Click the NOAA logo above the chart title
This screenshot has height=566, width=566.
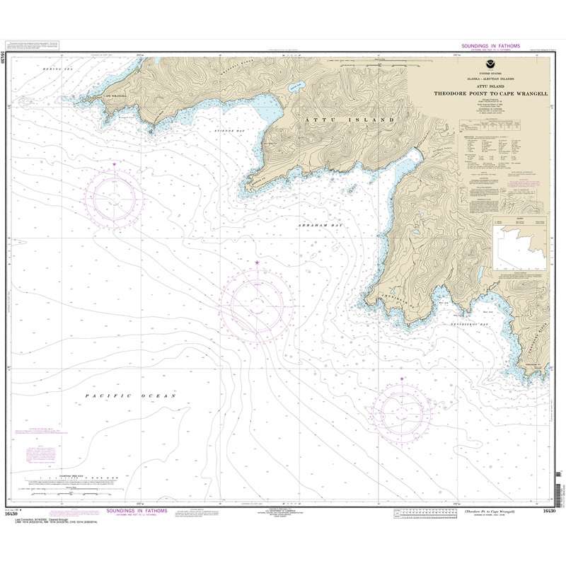click(x=490, y=67)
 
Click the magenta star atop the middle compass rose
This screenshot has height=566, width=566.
click(x=257, y=263)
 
